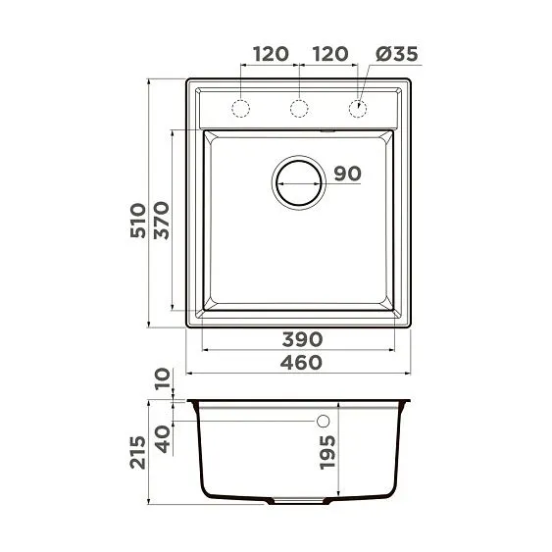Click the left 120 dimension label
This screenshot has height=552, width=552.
(x=271, y=54)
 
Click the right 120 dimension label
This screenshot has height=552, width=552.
(x=329, y=54)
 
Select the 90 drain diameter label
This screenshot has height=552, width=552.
(x=347, y=174)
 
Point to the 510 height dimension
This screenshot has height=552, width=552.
(x=138, y=222)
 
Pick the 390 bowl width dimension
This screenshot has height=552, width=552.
(x=303, y=339)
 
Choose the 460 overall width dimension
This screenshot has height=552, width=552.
(x=303, y=363)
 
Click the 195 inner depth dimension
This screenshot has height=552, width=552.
(x=328, y=452)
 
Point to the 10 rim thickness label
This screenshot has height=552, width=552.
(x=162, y=378)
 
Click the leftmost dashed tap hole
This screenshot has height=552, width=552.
(x=241, y=106)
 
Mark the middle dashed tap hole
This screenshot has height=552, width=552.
(x=300, y=106)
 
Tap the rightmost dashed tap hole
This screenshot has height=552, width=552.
(x=359, y=106)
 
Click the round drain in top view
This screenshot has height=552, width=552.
(x=299, y=181)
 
